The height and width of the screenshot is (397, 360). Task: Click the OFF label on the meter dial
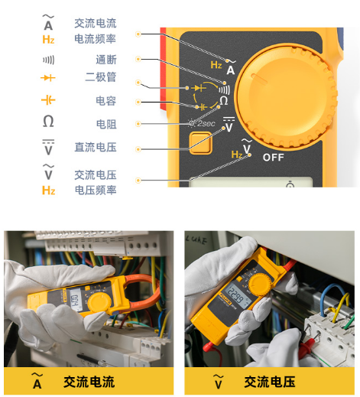click(x=273, y=158)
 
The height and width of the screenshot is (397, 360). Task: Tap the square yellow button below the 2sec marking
click(x=200, y=143)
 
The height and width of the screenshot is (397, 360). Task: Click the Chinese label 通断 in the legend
click(x=106, y=60)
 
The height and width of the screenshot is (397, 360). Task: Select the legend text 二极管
click(x=101, y=77)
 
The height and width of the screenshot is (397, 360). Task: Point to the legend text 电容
click(x=106, y=101)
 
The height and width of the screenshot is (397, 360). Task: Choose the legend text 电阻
click(x=106, y=124)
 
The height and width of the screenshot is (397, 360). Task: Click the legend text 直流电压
click(x=96, y=148)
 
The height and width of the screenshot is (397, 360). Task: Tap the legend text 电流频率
click(x=96, y=39)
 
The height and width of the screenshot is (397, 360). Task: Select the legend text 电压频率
click(x=96, y=190)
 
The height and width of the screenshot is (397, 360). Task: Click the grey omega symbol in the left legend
click(x=48, y=121)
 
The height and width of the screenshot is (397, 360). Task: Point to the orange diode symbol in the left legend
click(x=48, y=77)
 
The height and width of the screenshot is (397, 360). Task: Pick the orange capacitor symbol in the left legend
click(x=48, y=99)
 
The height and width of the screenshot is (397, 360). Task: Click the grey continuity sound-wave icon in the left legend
click(x=48, y=60)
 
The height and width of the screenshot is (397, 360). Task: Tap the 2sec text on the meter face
click(x=206, y=123)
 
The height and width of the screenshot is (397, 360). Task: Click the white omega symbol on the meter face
click(x=224, y=101)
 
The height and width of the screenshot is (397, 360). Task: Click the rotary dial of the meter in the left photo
click(x=99, y=304)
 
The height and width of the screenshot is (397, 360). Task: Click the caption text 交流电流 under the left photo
click(x=89, y=382)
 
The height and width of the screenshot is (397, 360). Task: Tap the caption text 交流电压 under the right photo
click(x=270, y=382)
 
